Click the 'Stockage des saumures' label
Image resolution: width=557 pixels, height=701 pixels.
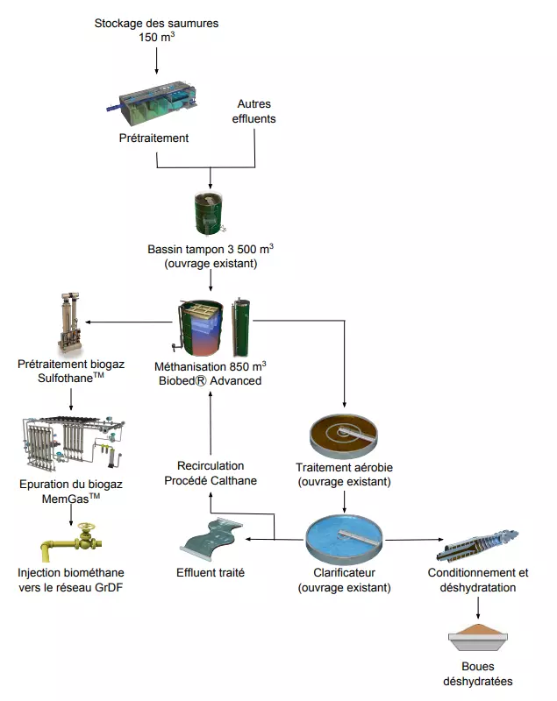(156, 23)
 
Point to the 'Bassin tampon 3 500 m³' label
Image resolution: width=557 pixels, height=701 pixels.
(209, 249)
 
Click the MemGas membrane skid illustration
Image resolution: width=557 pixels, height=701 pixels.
(70, 443)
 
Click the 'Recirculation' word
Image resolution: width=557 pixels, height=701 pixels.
(211, 465)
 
